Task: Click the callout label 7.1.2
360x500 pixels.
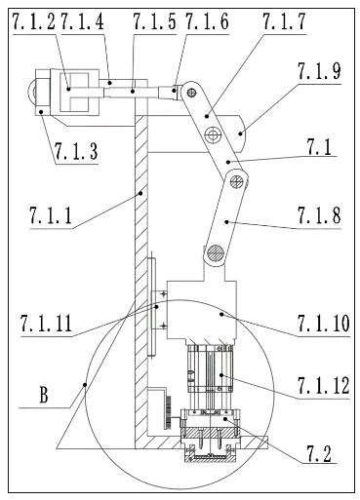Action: click(x=34, y=21)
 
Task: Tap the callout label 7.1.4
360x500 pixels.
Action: click(x=83, y=21)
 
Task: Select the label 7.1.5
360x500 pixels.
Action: click(x=154, y=21)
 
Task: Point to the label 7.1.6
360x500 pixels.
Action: click(x=208, y=21)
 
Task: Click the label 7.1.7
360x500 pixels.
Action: click(x=284, y=21)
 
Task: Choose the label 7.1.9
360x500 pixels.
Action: click(x=319, y=71)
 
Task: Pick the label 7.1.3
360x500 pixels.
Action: click(x=76, y=151)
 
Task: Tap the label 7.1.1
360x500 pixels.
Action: click(x=51, y=215)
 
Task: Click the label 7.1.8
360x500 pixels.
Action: click(x=319, y=215)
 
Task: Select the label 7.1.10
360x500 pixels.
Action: click(x=324, y=323)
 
